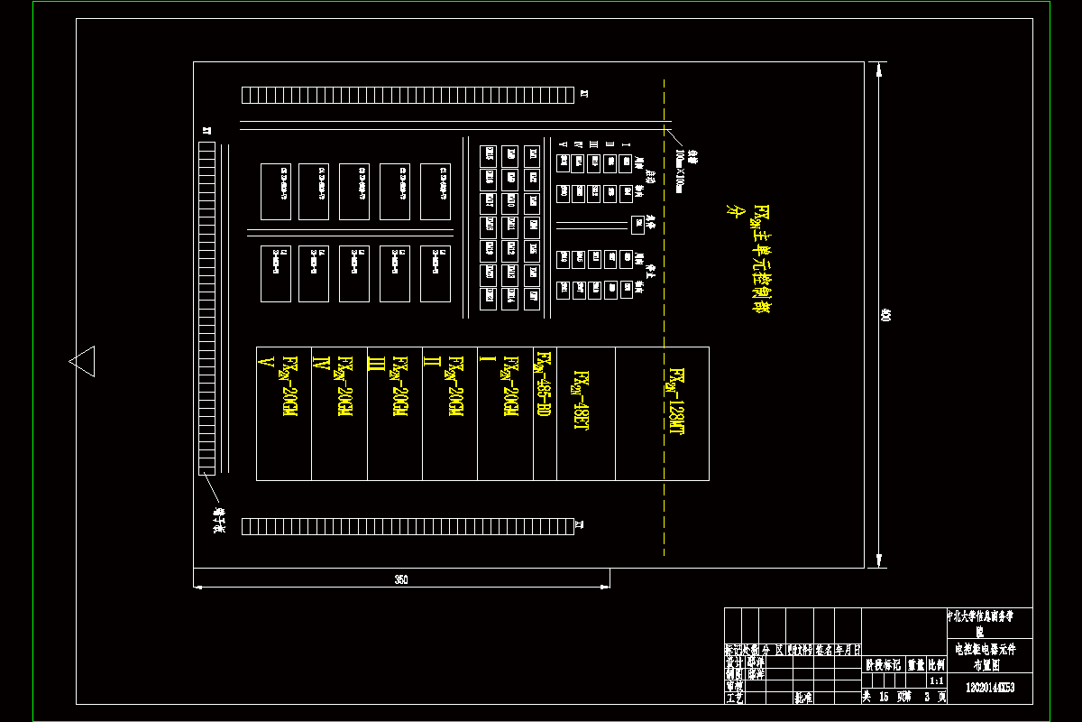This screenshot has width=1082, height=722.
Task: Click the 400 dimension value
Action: (x=885, y=315)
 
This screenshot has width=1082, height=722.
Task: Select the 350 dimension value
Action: (x=401, y=580)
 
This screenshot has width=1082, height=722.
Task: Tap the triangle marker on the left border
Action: (x=82, y=361)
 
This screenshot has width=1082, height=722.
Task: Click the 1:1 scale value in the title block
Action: (x=937, y=681)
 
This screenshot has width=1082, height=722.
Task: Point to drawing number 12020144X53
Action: (x=989, y=688)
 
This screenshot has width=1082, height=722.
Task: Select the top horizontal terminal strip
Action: (x=408, y=95)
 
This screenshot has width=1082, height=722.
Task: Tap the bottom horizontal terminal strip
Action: (x=408, y=525)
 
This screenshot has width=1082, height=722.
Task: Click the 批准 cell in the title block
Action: (x=802, y=697)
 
